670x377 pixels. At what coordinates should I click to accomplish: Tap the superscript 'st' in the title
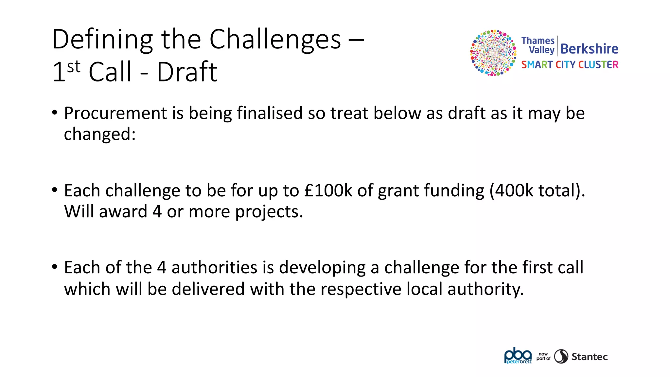click(74, 67)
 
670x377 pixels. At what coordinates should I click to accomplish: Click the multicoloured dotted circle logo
click(493, 53)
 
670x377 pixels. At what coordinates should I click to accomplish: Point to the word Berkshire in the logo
click(589, 49)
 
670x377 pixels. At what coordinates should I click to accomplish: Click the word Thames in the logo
click(538, 41)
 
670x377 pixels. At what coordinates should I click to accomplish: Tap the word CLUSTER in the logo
click(598, 65)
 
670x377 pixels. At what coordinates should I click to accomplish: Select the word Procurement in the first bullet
click(115, 114)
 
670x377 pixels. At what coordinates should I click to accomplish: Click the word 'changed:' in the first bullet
click(100, 134)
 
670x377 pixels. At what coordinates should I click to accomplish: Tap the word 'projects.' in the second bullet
click(269, 212)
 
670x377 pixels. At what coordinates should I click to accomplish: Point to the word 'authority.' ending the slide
click(485, 289)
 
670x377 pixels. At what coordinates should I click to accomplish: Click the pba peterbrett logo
click(518, 356)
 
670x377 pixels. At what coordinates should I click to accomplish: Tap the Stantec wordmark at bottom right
click(590, 357)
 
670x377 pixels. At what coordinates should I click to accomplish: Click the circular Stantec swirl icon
click(561, 356)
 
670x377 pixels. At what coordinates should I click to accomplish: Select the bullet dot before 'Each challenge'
click(55, 190)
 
